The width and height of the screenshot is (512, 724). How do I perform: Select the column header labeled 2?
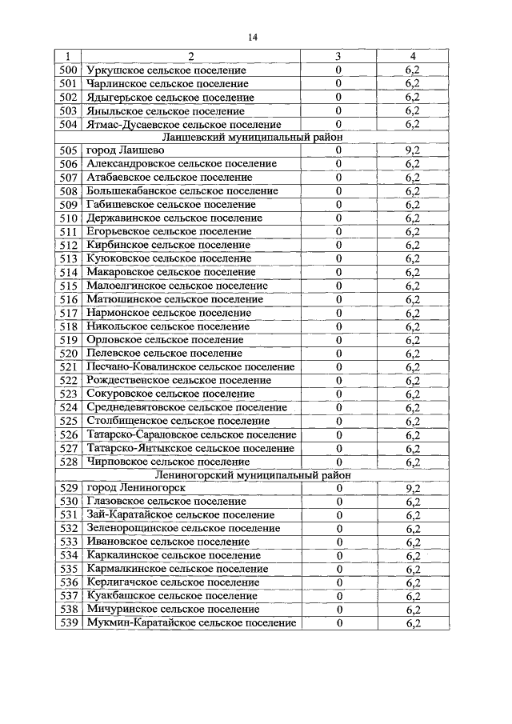pyautogui.click(x=190, y=57)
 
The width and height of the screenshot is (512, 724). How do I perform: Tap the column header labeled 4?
pyautogui.click(x=413, y=57)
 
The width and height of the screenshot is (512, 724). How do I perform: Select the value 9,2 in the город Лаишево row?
pyautogui.click(x=413, y=150)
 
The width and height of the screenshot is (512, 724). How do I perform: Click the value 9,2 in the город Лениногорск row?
pyautogui.click(x=413, y=488)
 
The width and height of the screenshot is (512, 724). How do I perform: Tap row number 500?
pyautogui.click(x=68, y=70)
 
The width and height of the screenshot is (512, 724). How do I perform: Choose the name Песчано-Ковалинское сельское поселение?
pyautogui.click(x=190, y=367)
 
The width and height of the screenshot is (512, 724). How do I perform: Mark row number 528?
pyautogui.click(x=68, y=462)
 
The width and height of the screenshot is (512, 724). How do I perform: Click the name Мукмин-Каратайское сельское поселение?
pyautogui.click(x=190, y=623)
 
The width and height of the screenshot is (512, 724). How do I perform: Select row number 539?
pyautogui.click(x=68, y=623)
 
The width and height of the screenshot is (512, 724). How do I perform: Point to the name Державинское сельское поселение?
pyautogui.click(x=174, y=218)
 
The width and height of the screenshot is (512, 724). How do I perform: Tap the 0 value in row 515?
pyautogui.click(x=338, y=286)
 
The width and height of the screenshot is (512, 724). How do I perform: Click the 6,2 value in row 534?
pyautogui.click(x=413, y=556)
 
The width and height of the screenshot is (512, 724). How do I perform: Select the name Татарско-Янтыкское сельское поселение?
pyautogui.click(x=190, y=448)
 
